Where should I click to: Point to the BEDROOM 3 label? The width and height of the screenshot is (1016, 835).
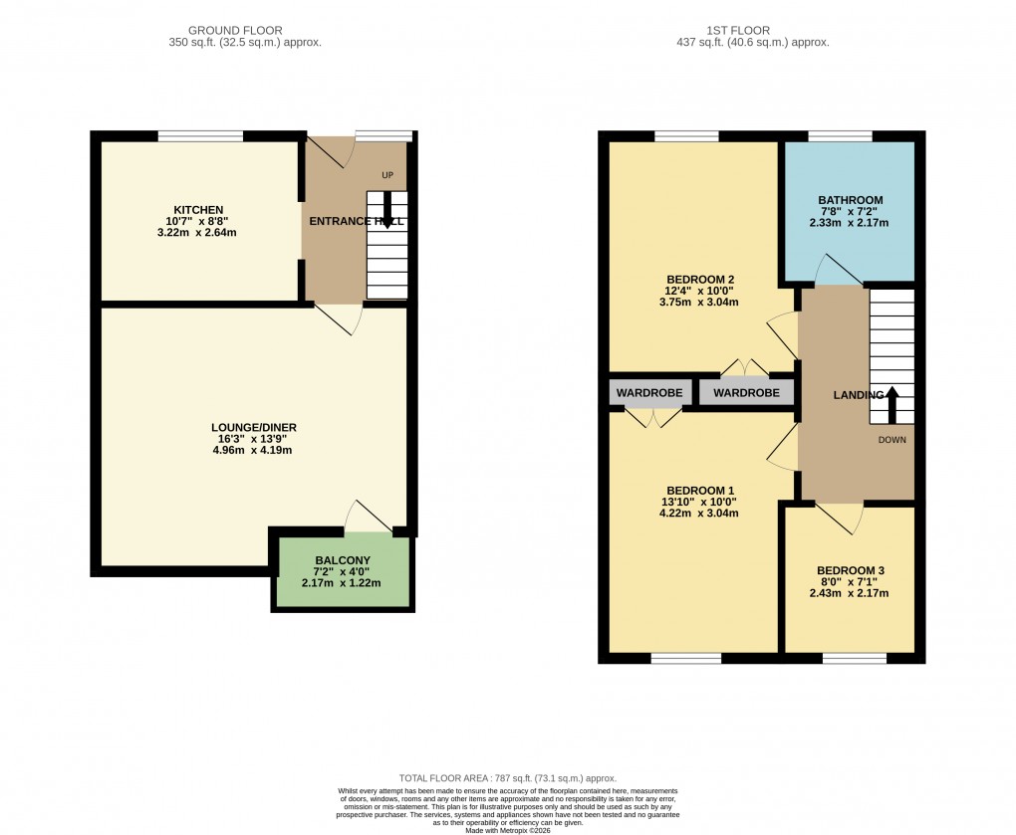[x=849, y=570]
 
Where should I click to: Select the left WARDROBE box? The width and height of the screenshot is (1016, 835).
[x=649, y=393]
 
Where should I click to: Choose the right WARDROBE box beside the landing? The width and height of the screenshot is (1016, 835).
[x=746, y=393]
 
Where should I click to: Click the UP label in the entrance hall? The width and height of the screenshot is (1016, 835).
[x=387, y=175]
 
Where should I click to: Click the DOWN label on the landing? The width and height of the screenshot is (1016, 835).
[x=891, y=439]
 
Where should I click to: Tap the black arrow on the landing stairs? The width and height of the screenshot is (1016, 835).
[x=891, y=404]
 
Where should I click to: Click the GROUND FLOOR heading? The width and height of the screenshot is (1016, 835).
[x=245, y=31]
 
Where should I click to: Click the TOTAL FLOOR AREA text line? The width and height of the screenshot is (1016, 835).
[x=507, y=778]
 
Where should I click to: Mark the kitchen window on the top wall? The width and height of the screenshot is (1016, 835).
[x=201, y=136]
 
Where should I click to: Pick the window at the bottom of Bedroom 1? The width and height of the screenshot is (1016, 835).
[x=685, y=658]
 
